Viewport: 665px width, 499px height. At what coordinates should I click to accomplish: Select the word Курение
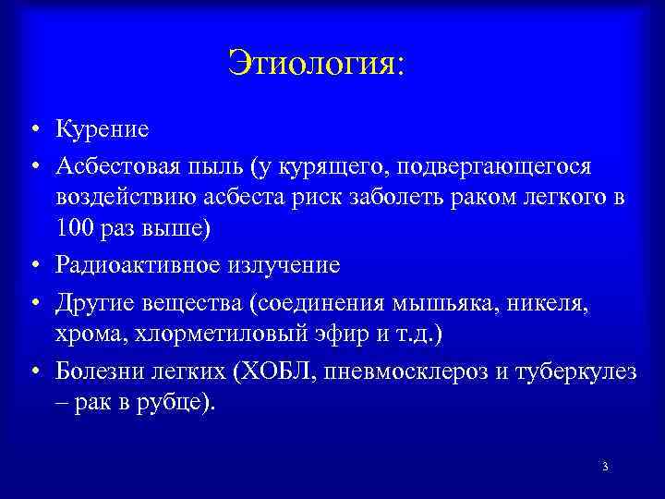tap(102, 128)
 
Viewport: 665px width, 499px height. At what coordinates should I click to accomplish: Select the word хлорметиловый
tap(214, 335)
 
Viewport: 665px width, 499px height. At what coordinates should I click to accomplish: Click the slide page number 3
tap(604, 467)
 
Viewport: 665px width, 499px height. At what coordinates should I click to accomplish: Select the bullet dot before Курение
tap(32, 129)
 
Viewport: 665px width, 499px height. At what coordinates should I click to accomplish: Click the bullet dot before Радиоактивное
tap(32, 266)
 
